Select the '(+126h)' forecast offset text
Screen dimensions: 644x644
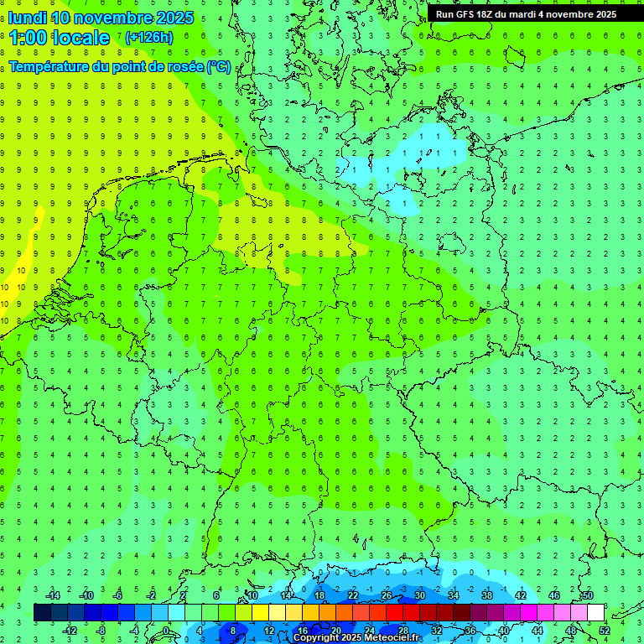(x=148, y=37)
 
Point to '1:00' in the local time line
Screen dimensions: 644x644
(x=27, y=38)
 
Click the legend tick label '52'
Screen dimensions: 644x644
(x=605, y=631)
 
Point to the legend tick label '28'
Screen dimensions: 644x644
(x=403, y=631)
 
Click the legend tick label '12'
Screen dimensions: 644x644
(x=269, y=631)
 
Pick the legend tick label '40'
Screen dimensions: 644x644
(x=504, y=631)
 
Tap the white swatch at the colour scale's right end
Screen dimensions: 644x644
(x=596, y=613)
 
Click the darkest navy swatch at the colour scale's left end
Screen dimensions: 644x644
(x=43, y=613)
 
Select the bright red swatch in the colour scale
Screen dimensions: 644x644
(x=395, y=613)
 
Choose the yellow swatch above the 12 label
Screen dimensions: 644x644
(x=278, y=613)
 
